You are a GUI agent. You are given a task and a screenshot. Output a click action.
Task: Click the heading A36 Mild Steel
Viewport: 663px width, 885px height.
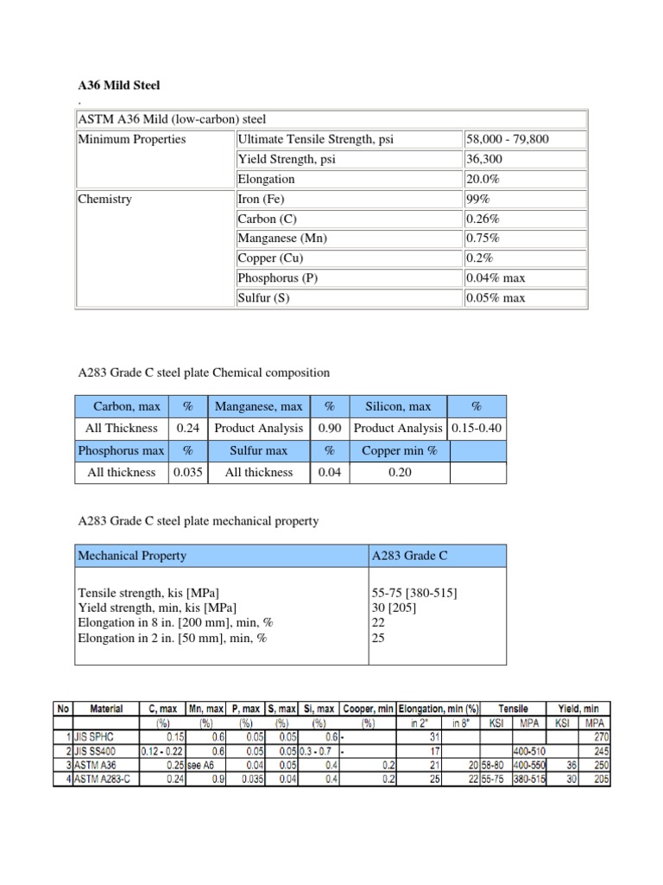point(119,86)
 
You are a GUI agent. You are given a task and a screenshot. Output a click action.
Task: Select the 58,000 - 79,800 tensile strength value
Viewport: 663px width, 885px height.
point(507,139)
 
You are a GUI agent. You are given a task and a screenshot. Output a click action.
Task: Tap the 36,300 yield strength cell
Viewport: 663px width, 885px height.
point(483,159)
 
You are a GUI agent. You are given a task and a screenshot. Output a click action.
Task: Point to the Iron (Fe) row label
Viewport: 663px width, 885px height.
point(267,199)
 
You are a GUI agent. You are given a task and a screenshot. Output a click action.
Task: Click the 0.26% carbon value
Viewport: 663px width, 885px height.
point(483,219)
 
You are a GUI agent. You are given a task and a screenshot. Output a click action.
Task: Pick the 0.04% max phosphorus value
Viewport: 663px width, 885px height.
point(495,278)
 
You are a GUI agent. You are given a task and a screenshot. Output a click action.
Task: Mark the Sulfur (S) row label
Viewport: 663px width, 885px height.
point(264,298)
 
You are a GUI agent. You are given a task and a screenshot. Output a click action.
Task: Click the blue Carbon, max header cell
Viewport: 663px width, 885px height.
point(120,406)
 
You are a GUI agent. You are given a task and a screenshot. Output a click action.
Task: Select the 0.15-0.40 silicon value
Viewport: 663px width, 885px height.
point(477,428)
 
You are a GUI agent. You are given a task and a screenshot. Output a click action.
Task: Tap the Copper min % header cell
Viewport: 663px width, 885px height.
point(399,450)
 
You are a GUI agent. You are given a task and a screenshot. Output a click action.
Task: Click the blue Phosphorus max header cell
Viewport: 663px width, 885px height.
point(121,450)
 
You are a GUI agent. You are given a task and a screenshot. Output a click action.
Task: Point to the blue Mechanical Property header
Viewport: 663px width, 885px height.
point(132,556)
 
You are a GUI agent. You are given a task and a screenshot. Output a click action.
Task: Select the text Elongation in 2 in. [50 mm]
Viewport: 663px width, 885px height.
point(173,639)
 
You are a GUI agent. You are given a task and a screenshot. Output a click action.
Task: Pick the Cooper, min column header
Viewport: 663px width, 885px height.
point(368,709)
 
